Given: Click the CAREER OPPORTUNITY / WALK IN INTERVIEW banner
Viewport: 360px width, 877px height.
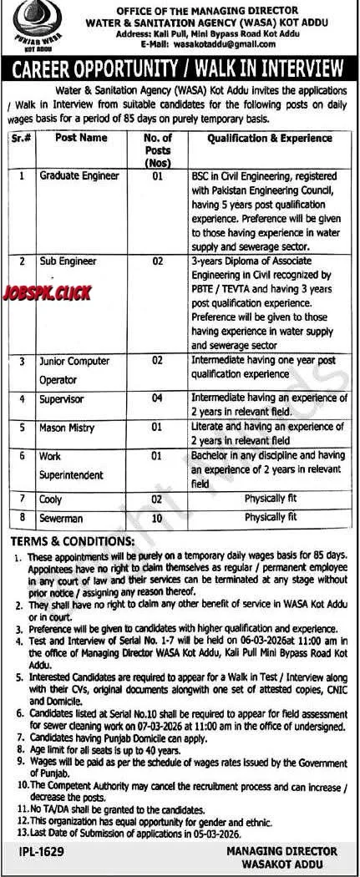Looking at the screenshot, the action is click(x=180, y=67).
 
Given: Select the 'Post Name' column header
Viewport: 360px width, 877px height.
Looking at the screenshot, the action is click(x=81, y=138).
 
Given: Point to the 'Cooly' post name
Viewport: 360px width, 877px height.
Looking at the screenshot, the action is click(x=51, y=499).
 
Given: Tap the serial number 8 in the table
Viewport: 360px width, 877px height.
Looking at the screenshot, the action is click(x=23, y=518).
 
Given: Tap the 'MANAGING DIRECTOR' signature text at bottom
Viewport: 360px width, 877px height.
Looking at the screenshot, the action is click(x=281, y=851).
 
